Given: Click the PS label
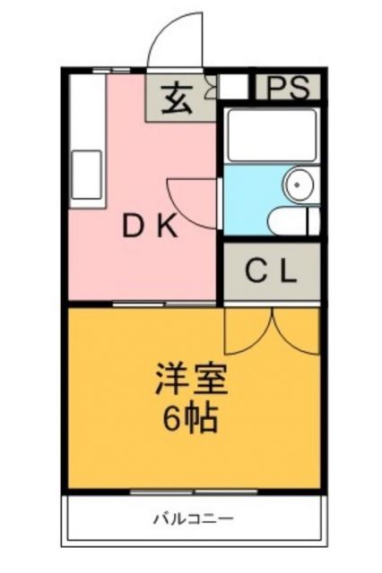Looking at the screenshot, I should coord(290,88).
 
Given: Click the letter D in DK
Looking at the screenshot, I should coord(133,227).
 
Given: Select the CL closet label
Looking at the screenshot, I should coord(271,273).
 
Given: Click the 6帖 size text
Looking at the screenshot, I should coord(190,418).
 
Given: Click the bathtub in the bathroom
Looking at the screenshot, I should coord(270,135).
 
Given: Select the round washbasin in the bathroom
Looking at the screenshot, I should coord(297,185).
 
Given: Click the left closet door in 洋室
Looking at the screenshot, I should coord(246,331).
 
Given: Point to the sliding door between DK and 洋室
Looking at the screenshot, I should coord(167,305).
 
